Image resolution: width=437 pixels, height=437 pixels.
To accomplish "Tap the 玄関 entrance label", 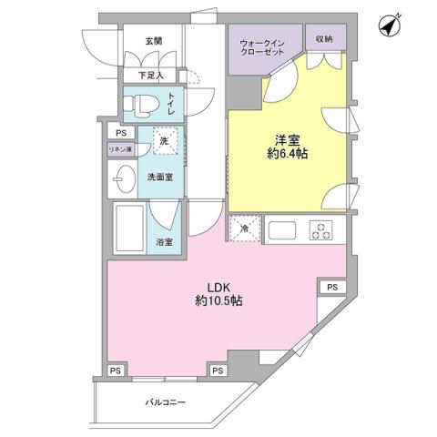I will [x=153, y=41].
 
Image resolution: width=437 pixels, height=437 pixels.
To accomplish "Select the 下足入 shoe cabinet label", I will [x=151, y=75].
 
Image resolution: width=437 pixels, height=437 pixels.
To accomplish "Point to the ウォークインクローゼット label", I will [x=265, y=48].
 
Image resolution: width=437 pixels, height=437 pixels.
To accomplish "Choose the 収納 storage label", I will [x=324, y=38].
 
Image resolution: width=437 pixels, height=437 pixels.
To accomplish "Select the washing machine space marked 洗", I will [x=165, y=140].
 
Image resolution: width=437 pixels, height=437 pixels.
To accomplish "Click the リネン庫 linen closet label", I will [x=121, y=148].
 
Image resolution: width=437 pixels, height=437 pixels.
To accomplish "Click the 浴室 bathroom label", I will [x=166, y=242].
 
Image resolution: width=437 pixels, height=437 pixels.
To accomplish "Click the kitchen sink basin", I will [x=281, y=229].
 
